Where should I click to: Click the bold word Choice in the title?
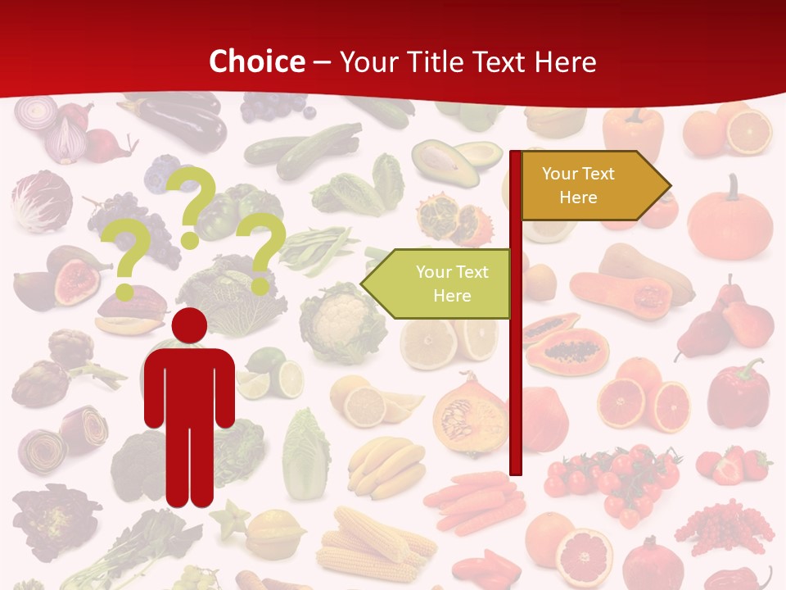(x=256, y=61)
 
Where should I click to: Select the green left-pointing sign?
(x=440, y=284)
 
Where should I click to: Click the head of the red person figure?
(x=190, y=327)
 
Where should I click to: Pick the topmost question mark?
(x=194, y=205)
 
